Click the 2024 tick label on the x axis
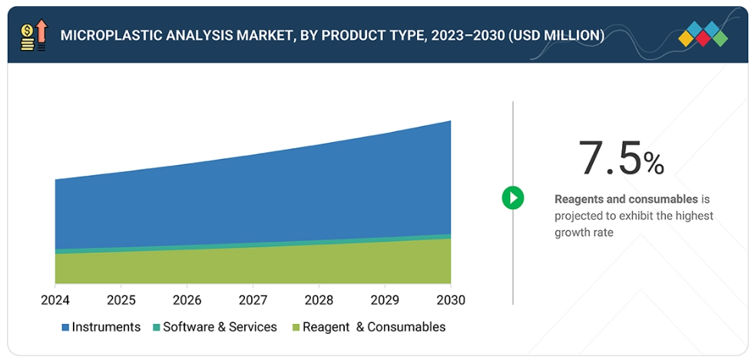pos(55,299)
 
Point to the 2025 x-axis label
pos(121,299)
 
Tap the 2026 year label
pos(187,299)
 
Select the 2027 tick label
pos(253,299)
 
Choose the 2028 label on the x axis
pos(319,299)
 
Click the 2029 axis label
pos(385,299)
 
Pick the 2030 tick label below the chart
pos(450,299)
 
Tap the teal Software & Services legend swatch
pos(157,328)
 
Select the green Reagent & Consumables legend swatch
pos(296,328)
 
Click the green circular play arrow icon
pos(512,198)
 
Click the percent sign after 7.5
pos(654,163)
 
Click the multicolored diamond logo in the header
pos(704,35)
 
